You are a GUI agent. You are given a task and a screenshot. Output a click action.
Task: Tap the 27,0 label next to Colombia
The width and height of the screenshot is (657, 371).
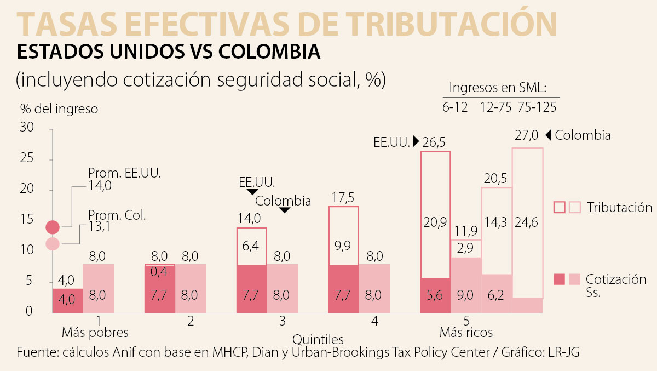tap(527, 135)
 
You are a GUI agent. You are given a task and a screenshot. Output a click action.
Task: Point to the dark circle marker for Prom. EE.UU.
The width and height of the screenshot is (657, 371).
tap(53, 226)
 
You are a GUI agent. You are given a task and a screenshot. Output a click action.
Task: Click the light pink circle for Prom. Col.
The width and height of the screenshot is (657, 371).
tap(53, 244)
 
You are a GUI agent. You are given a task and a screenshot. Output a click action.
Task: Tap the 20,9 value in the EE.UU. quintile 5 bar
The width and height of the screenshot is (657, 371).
tap(435, 222)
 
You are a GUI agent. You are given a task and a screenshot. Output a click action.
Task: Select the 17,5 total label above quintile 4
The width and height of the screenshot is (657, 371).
tap(343, 197)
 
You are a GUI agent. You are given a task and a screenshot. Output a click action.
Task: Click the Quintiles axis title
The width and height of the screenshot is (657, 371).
tap(318, 339)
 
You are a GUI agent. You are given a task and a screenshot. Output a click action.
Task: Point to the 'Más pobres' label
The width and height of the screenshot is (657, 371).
tap(95, 333)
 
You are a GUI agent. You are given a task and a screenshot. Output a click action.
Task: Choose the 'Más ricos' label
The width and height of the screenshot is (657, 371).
tap(466, 333)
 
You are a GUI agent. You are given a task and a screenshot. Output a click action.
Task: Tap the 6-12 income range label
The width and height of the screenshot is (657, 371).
tap(455, 107)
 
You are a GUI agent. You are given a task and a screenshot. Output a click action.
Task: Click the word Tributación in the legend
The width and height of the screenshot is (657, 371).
tap(620, 208)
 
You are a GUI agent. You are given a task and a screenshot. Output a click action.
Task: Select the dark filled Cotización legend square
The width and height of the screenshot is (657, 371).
tap(559, 279)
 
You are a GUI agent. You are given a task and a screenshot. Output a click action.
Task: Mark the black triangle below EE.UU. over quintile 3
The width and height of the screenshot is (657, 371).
tap(252, 192)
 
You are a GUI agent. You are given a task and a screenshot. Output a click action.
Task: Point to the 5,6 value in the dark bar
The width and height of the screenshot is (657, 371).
tap(435, 295)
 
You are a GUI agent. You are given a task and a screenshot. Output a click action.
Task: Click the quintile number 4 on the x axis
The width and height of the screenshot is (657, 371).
tap(374, 321)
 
